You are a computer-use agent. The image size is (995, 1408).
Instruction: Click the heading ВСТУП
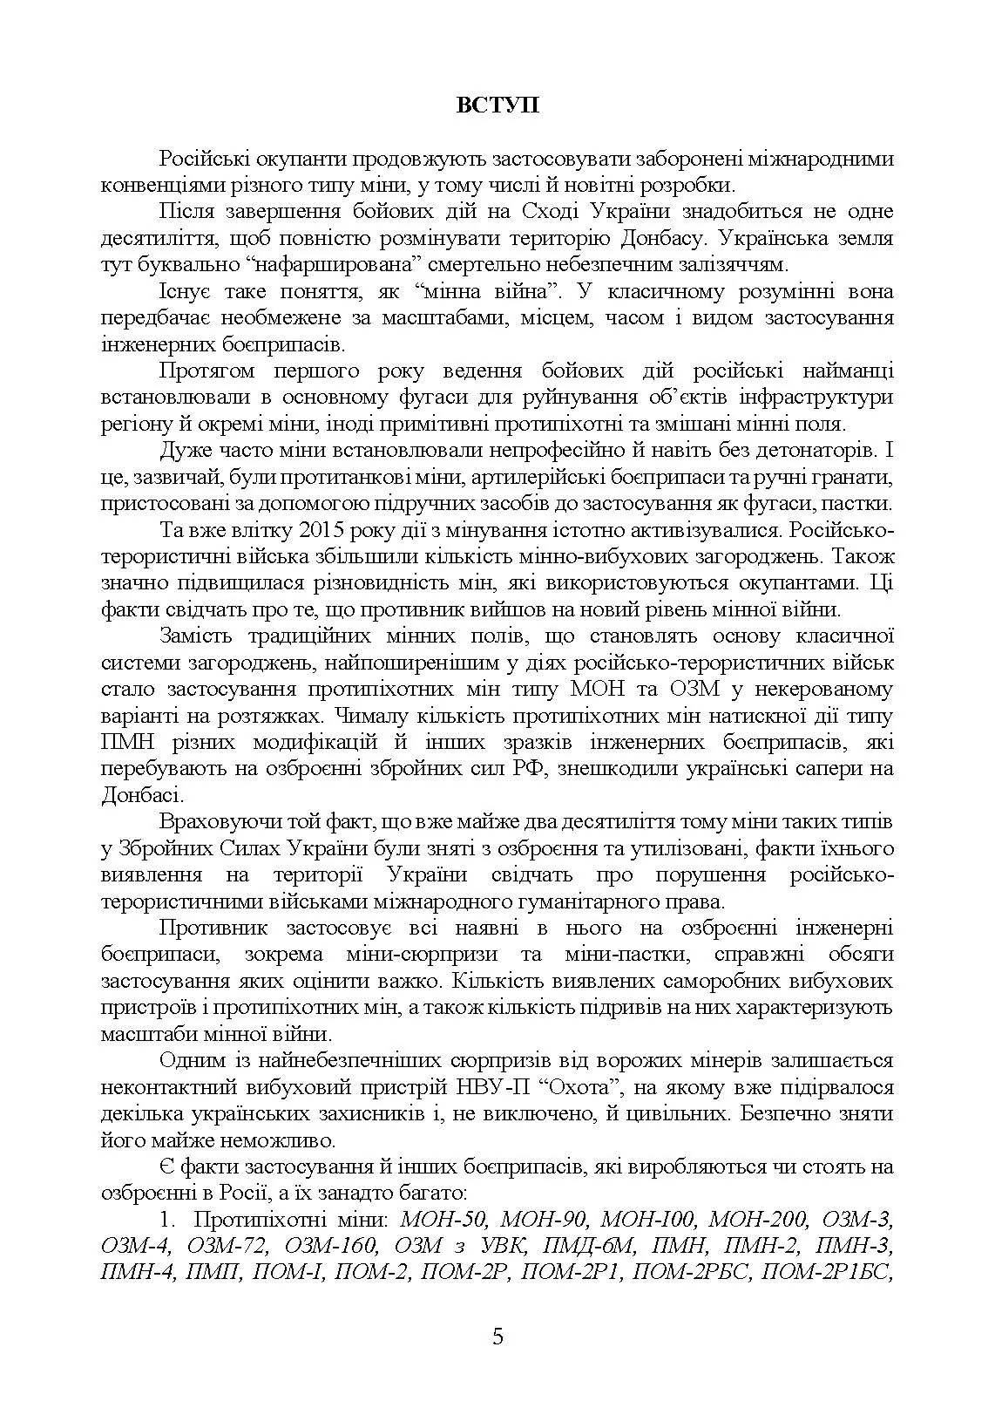coord(497,105)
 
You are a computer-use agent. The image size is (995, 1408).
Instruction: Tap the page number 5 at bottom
coord(497,1337)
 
